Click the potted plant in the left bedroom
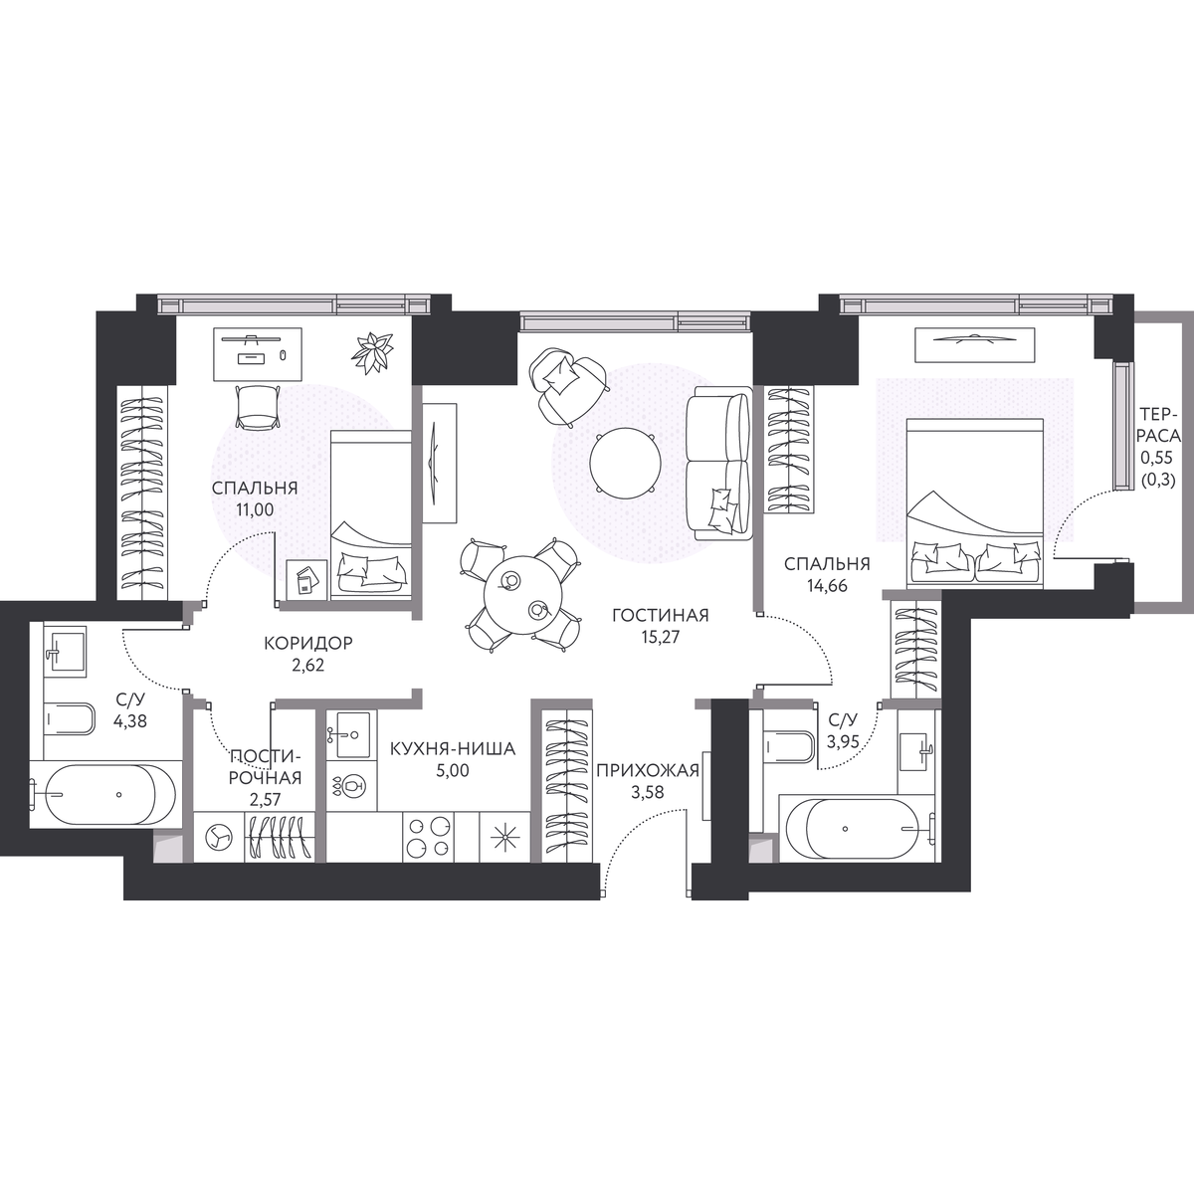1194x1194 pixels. coord(372,353)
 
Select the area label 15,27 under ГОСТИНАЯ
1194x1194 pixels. coord(661,637)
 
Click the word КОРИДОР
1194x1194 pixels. coord(307,643)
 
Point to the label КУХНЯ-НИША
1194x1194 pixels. coord(453,749)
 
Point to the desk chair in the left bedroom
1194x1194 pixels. coord(257,407)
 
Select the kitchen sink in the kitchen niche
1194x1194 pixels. coord(351,734)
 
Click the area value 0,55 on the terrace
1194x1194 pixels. coord(1157,458)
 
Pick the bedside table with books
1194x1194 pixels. coord(307,579)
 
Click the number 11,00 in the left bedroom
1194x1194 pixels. coord(255,509)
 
